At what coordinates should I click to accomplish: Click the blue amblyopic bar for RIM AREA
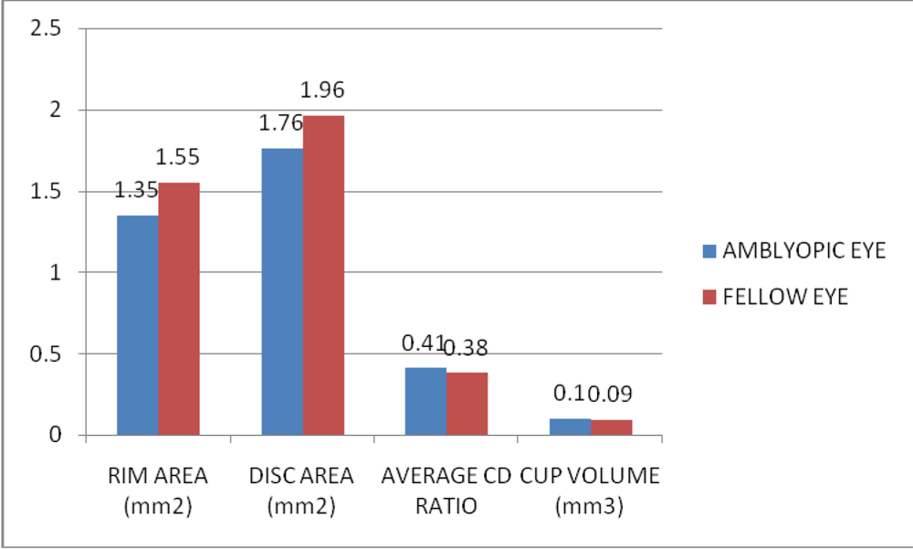tap(137, 324)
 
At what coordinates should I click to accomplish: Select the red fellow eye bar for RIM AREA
tap(178, 309)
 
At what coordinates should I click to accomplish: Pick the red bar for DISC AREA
tap(323, 274)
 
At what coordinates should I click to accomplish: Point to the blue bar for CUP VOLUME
tap(571, 426)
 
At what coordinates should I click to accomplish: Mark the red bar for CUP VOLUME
tap(611, 427)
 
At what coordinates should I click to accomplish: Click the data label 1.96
tap(322, 90)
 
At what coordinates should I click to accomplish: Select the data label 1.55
tap(178, 157)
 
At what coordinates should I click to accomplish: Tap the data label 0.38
tap(467, 347)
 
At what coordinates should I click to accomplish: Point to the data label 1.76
tap(281, 123)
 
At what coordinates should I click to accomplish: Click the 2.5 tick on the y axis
tap(46, 29)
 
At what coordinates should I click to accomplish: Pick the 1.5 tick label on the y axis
tap(46, 191)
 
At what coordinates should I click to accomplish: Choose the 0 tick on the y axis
tap(56, 435)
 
